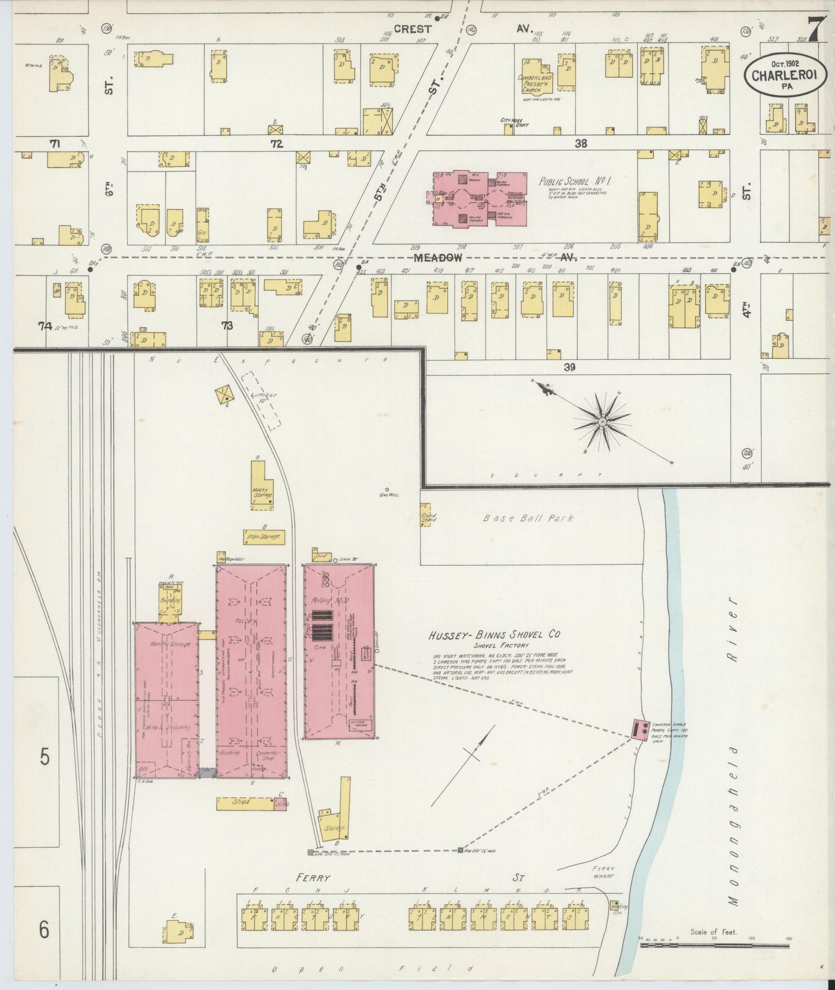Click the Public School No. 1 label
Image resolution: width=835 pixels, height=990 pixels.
pos(574,181)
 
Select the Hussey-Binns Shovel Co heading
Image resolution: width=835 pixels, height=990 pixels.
pos(493,635)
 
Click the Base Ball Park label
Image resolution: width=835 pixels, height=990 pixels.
pos(528,518)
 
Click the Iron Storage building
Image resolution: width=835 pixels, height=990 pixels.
pos(263,537)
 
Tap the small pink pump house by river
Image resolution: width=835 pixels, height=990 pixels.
pos(640,730)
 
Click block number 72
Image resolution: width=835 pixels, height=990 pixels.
pos(277,144)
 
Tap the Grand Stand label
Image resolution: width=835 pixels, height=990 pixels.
pos(428,517)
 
